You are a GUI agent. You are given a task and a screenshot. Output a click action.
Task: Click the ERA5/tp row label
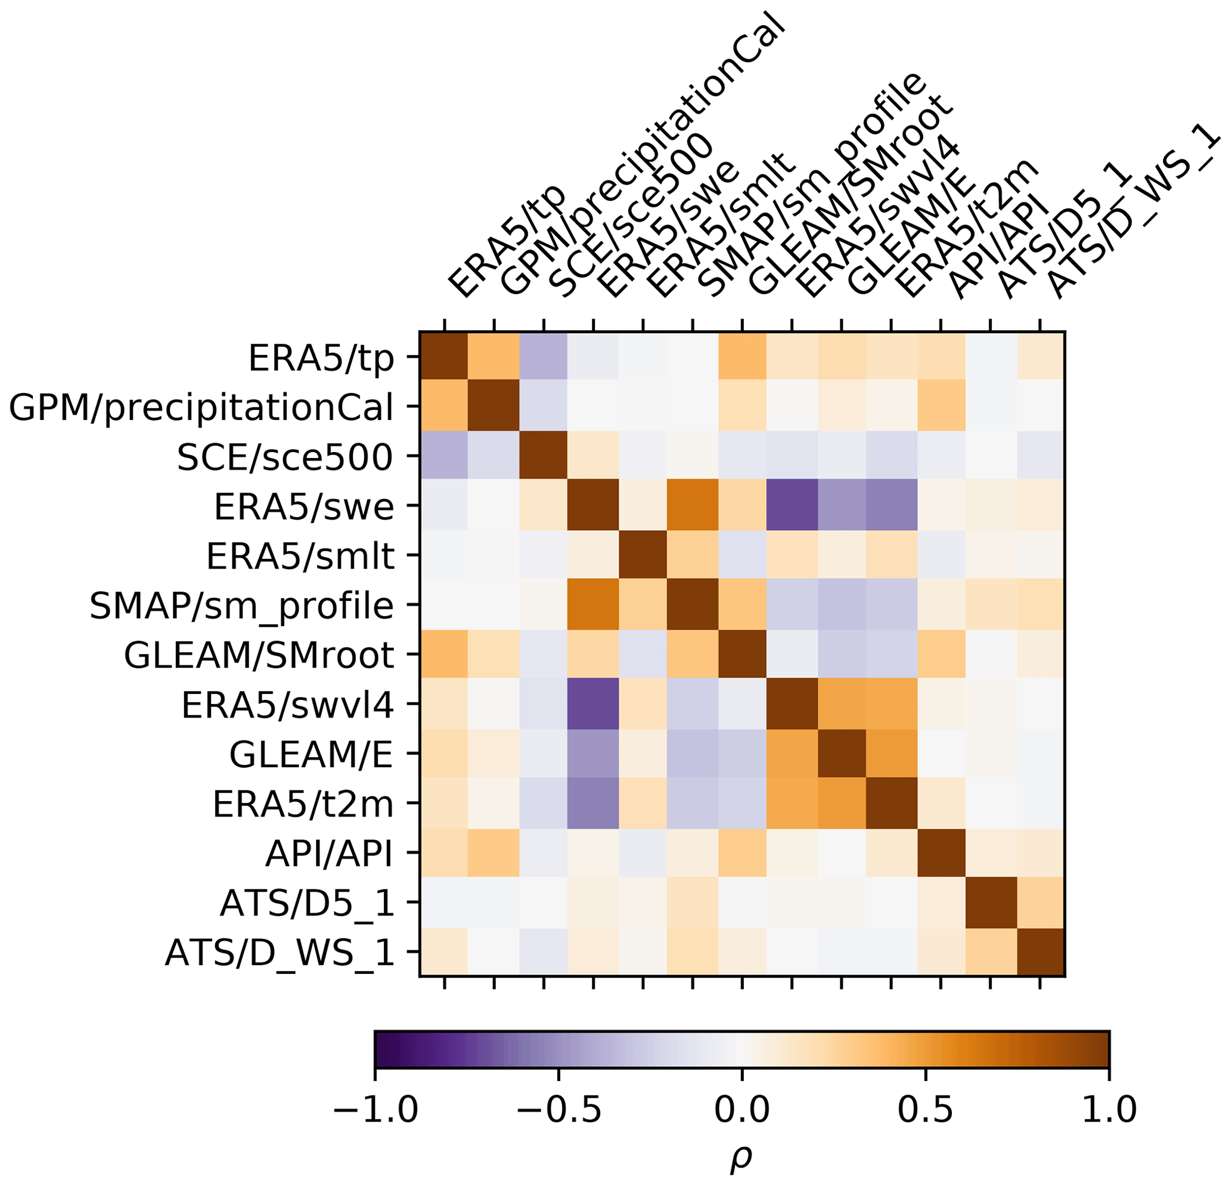coord(321,359)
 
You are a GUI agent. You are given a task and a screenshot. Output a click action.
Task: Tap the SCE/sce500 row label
coord(285,457)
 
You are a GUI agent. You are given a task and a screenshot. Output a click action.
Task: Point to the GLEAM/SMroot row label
coord(258,655)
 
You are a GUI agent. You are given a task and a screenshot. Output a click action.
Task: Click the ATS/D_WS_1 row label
coord(280,952)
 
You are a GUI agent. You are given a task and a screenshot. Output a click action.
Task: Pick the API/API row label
coord(330,854)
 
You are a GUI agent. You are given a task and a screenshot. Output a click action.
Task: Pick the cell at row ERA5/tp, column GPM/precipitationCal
coord(494,356)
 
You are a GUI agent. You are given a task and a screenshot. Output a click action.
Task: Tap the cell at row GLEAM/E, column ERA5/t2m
coord(891,754)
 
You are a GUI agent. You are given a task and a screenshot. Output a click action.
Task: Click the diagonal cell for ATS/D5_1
coord(991,902)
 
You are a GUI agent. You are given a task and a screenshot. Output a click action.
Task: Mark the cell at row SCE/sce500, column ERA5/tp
coord(445,456)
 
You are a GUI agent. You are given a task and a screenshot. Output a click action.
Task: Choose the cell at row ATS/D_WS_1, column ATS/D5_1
coord(991,952)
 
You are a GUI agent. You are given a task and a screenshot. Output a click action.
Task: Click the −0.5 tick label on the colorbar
coord(560,1110)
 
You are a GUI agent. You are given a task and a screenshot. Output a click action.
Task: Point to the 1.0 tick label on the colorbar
coord(1109,1110)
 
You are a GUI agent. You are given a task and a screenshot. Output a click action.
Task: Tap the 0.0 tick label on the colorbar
coord(741,1110)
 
